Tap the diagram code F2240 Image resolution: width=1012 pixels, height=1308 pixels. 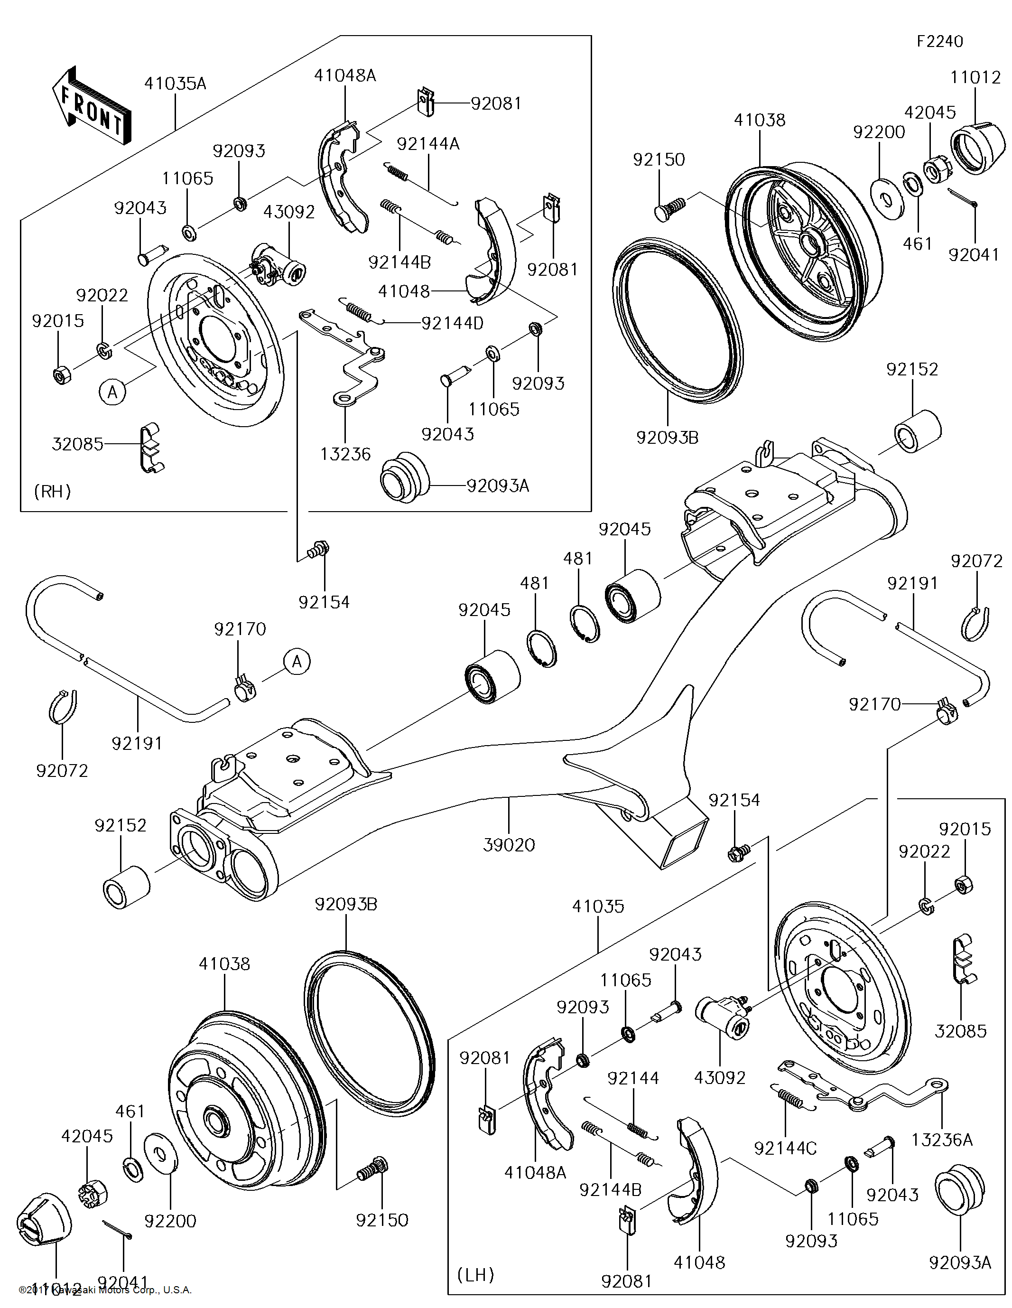point(939,41)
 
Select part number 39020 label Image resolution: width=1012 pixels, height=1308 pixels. point(509,845)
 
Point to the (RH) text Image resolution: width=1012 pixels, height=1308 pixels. point(53,491)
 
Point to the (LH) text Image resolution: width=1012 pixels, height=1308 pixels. point(475,1274)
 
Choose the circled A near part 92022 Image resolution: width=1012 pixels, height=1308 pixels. point(112,392)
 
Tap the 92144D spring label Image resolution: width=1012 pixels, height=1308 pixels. point(452,323)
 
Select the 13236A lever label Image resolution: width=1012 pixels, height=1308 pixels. point(942,1140)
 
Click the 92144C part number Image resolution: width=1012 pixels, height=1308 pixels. point(785,1148)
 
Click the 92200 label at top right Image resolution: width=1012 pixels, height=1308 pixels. point(879,132)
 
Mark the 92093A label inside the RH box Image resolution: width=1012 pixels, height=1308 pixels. point(498,486)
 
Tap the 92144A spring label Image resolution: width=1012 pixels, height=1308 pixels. point(427,144)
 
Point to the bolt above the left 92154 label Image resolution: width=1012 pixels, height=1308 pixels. point(318,549)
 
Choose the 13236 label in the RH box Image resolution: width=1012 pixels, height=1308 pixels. point(345,454)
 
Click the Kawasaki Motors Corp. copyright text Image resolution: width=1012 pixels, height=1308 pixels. point(105,1289)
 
